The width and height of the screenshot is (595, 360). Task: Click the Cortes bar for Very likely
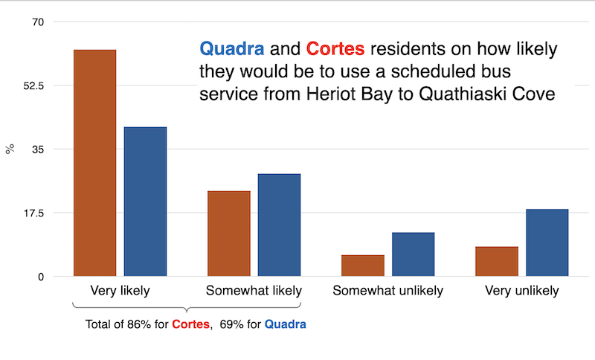coord(94,163)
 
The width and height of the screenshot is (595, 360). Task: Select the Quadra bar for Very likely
coord(145,202)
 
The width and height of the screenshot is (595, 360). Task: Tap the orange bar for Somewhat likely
coord(228,234)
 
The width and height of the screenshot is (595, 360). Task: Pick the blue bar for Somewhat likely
coord(279,225)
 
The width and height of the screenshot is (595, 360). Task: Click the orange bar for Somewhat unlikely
coord(363,266)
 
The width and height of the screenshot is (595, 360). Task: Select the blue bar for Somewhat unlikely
coord(413,254)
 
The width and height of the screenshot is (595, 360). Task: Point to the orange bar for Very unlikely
coord(497,261)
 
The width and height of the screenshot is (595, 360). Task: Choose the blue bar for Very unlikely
coord(547,242)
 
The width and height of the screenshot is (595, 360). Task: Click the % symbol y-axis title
coord(10,150)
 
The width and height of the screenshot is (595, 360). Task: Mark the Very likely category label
coord(120,290)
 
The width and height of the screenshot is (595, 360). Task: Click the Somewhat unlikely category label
coord(387,290)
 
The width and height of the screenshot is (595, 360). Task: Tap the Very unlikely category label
coord(521,290)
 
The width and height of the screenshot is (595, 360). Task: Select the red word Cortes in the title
coord(335,50)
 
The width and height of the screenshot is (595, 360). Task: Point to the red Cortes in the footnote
coord(191,324)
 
